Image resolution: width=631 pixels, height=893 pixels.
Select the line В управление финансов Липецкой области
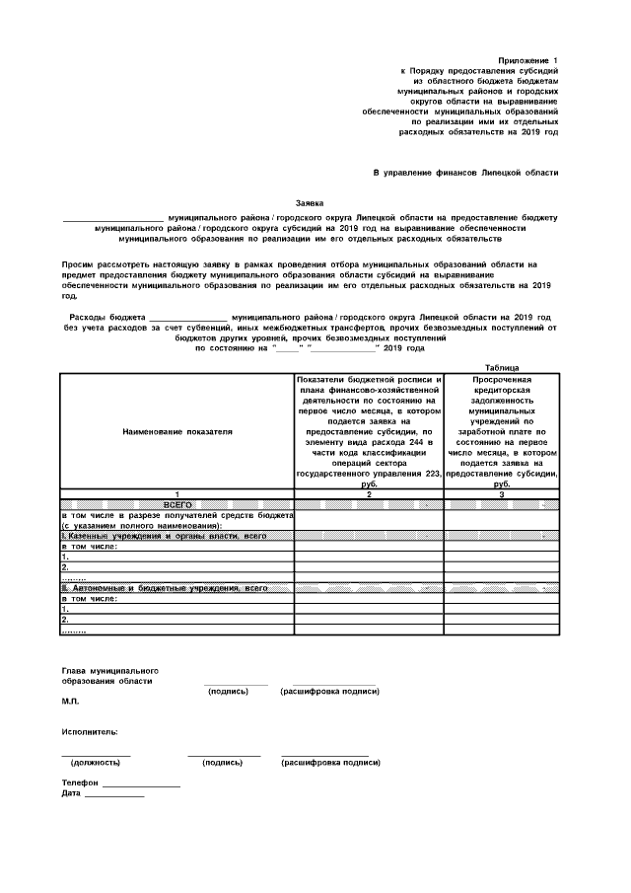click(x=465, y=173)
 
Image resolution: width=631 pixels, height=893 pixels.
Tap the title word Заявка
click(x=310, y=202)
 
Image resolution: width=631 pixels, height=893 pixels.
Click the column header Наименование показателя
click(x=177, y=431)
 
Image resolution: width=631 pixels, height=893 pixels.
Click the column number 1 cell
click(x=177, y=493)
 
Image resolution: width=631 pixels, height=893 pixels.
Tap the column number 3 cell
click(x=502, y=493)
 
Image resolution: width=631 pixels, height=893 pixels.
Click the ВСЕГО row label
click(x=177, y=503)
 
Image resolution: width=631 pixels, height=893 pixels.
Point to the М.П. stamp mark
click(x=70, y=701)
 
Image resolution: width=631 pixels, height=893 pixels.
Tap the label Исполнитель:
click(x=90, y=732)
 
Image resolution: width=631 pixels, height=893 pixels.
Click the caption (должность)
click(x=96, y=763)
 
